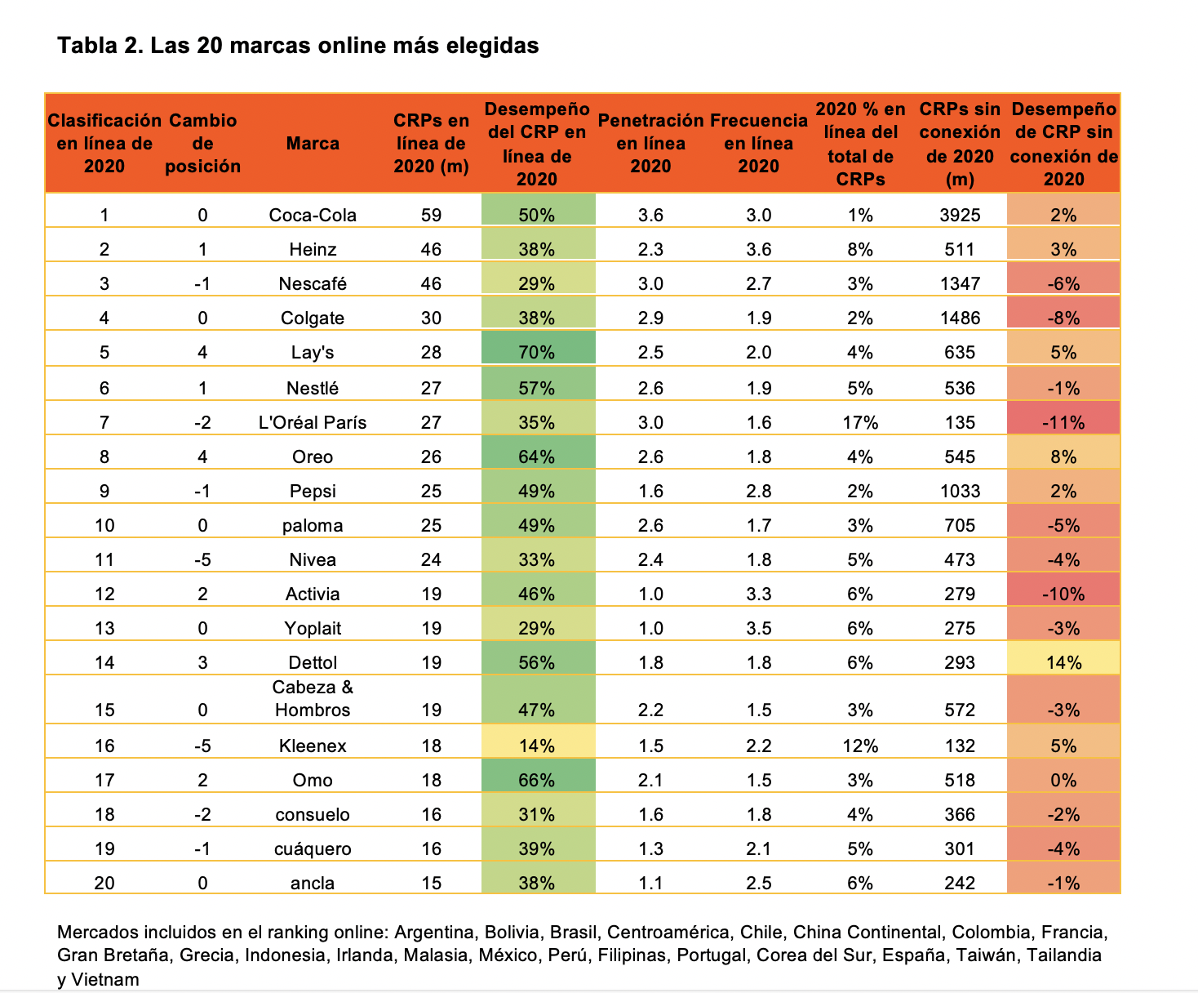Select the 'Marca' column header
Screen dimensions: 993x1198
click(313, 144)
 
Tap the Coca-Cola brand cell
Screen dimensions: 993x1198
click(313, 215)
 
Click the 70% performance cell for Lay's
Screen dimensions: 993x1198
click(536, 352)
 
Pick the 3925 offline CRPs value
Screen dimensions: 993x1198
click(960, 215)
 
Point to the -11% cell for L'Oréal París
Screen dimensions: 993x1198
click(1063, 422)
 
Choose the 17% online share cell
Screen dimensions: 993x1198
click(860, 422)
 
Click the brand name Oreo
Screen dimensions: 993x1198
click(313, 456)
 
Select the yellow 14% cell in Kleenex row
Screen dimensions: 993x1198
click(536, 746)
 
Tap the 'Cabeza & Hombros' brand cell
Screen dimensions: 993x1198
click(313, 699)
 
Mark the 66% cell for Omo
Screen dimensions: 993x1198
click(536, 780)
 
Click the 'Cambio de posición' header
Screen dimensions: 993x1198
click(202, 144)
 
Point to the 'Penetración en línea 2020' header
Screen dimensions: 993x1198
click(650, 144)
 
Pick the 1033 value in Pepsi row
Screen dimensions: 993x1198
click(960, 491)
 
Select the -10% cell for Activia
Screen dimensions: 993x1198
click(1063, 594)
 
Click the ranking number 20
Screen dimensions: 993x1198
click(104, 883)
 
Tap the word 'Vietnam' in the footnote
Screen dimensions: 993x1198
click(109, 979)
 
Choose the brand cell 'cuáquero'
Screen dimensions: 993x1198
click(313, 848)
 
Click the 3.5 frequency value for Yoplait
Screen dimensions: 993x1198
click(758, 628)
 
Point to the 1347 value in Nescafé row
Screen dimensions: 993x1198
click(960, 283)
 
